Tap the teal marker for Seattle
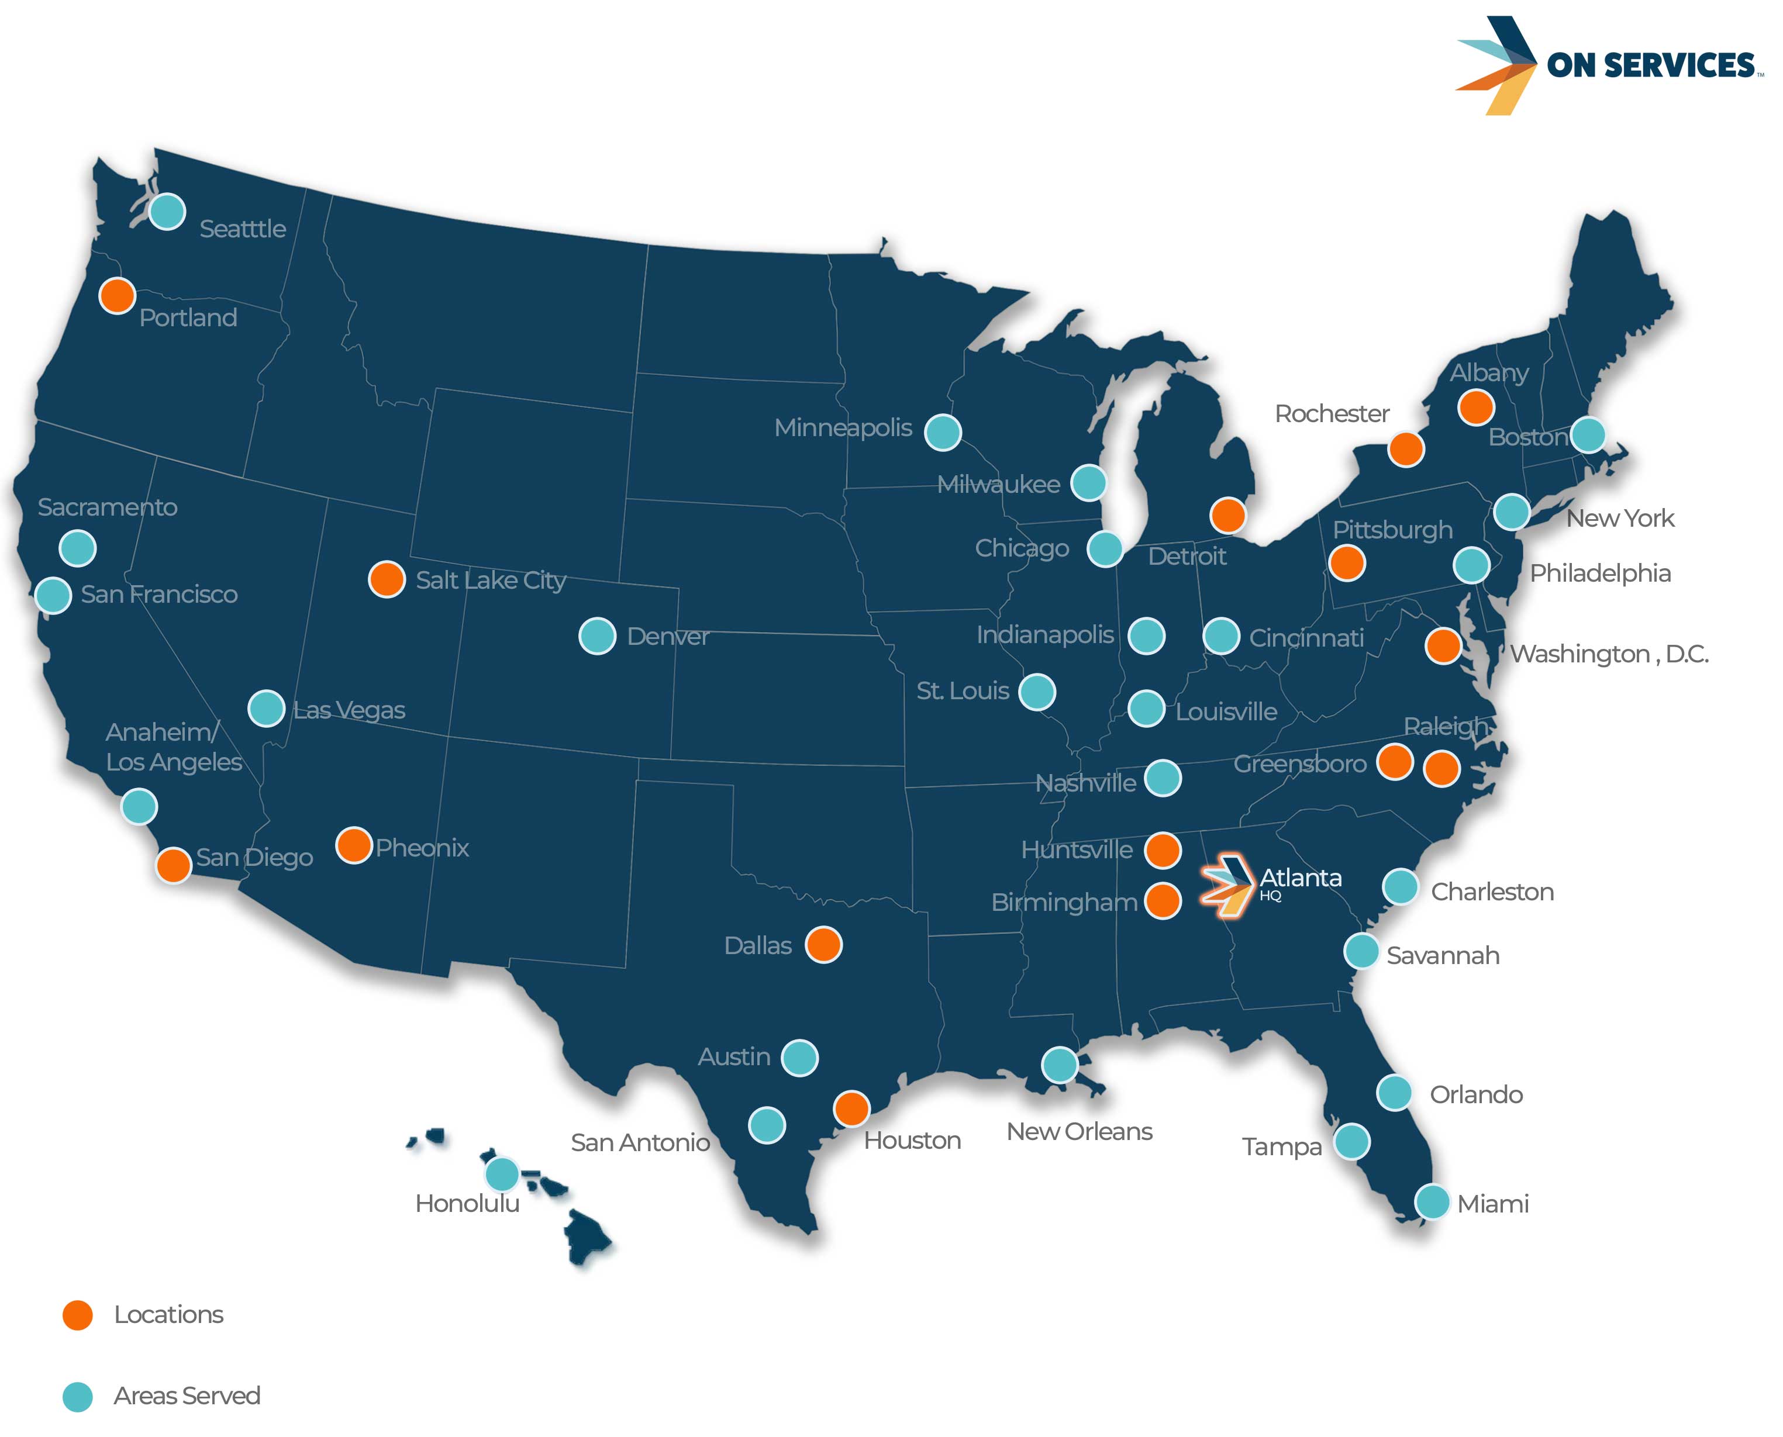167,212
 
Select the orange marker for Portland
118,295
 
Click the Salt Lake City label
490,581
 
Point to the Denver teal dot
597,635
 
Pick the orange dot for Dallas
823,945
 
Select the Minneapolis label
843,428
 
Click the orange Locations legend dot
78,1314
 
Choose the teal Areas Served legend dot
78,1397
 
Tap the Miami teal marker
1432,1202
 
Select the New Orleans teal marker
1060,1065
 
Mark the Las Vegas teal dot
267,709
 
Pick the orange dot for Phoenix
353,845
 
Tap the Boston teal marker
1588,434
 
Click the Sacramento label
108,507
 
